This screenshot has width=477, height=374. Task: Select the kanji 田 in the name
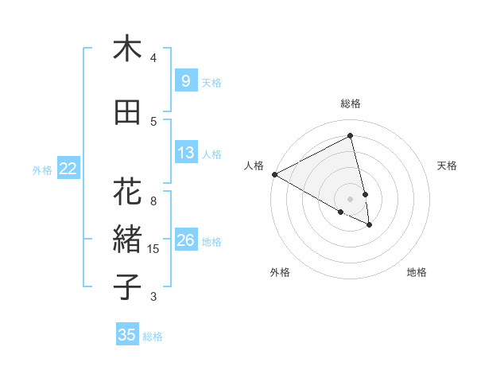(x=127, y=113)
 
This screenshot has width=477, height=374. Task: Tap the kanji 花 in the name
(x=127, y=193)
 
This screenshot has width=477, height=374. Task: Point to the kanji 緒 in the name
(x=127, y=239)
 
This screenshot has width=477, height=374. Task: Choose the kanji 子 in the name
(x=127, y=287)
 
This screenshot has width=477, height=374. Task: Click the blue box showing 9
(x=185, y=81)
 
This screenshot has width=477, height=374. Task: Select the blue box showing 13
(x=185, y=154)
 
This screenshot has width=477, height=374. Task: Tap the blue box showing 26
(x=185, y=240)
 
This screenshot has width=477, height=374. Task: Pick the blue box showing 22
(x=68, y=169)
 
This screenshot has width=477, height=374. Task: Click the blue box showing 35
(x=127, y=335)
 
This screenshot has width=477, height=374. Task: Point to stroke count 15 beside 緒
(x=153, y=249)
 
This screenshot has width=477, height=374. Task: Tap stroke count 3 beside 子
(x=153, y=297)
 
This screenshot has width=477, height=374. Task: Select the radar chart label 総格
(x=351, y=103)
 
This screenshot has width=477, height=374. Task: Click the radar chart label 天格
(x=448, y=166)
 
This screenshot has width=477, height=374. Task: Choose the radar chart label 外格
(x=280, y=272)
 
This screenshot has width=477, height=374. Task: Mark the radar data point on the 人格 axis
(x=274, y=174)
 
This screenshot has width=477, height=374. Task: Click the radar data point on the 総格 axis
(x=351, y=137)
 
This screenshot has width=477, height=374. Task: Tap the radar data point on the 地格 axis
(x=370, y=225)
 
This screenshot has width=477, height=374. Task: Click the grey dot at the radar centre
(x=351, y=198)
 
